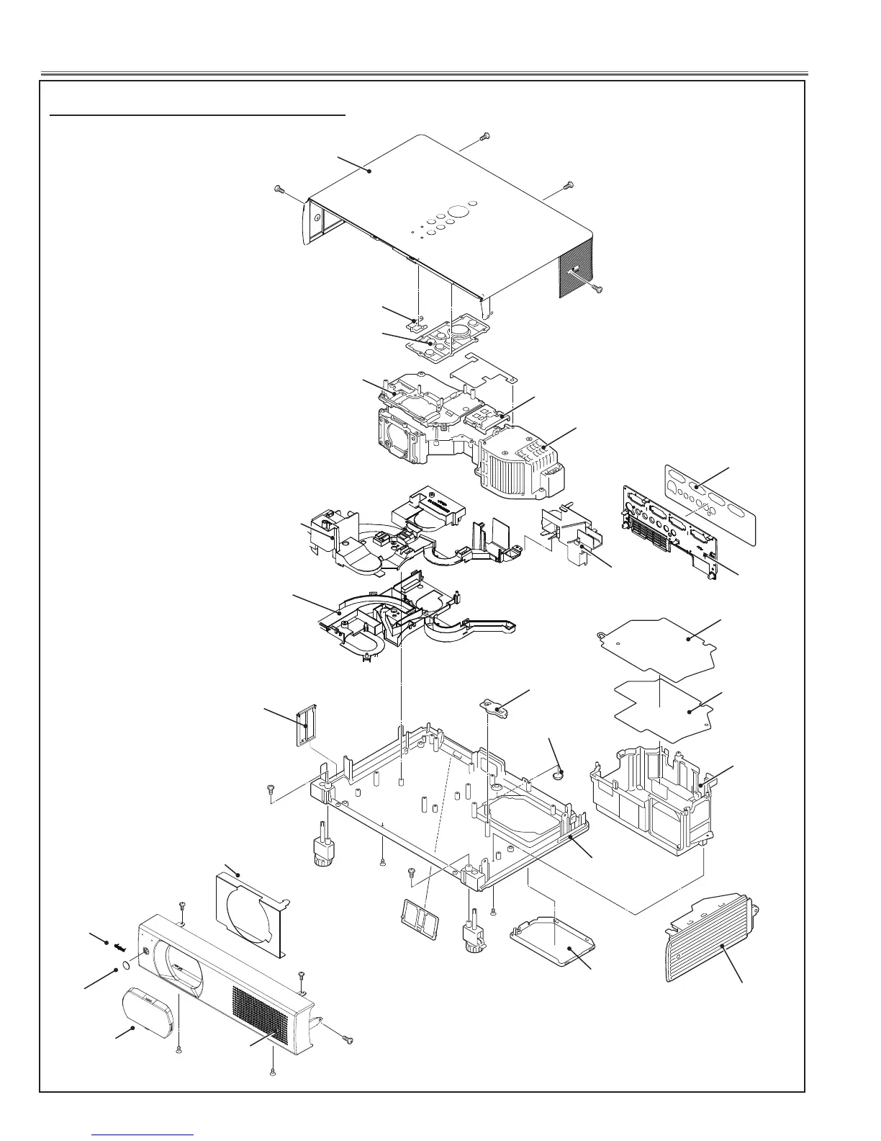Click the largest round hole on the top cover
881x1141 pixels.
pyautogui.click(x=457, y=212)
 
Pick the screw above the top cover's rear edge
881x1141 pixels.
pyautogui.click(x=484, y=135)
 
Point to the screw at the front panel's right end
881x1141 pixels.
pyautogui.click(x=348, y=1039)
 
